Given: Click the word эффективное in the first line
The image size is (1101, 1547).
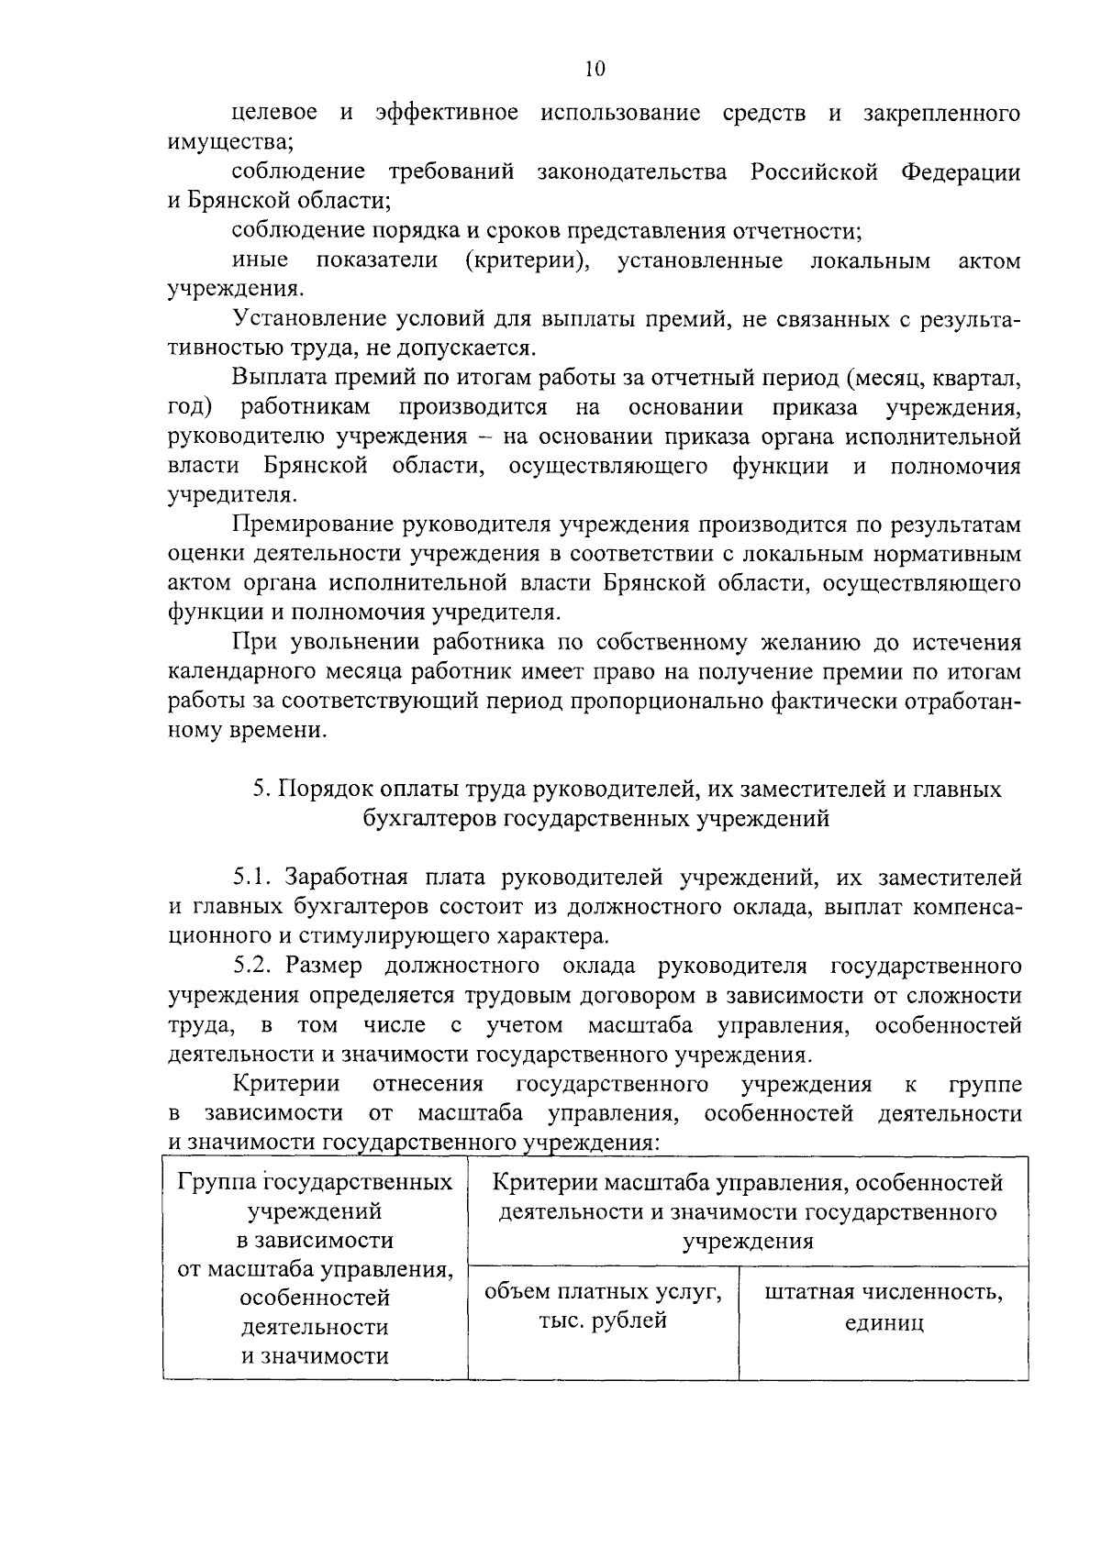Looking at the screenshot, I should (x=446, y=113).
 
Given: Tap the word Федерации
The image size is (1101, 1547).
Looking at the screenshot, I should (x=961, y=171).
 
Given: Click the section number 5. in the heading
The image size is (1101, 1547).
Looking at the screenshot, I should (x=260, y=790).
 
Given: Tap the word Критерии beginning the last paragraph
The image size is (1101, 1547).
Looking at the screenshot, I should (x=286, y=1084).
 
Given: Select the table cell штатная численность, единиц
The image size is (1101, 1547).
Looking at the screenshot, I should (x=883, y=1308).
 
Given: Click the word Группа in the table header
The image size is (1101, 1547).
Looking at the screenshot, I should (x=212, y=1182).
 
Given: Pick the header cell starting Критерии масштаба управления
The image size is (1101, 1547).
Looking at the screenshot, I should (x=747, y=1211).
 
